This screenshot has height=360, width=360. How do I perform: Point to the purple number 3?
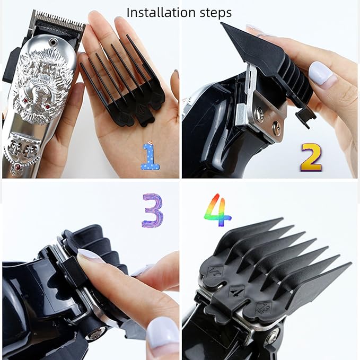[x=153, y=210]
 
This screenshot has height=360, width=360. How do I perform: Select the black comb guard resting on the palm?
[x=122, y=85]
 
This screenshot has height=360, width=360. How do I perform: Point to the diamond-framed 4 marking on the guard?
[x=236, y=291]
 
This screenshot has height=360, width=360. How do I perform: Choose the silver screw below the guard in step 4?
[x=273, y=335]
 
